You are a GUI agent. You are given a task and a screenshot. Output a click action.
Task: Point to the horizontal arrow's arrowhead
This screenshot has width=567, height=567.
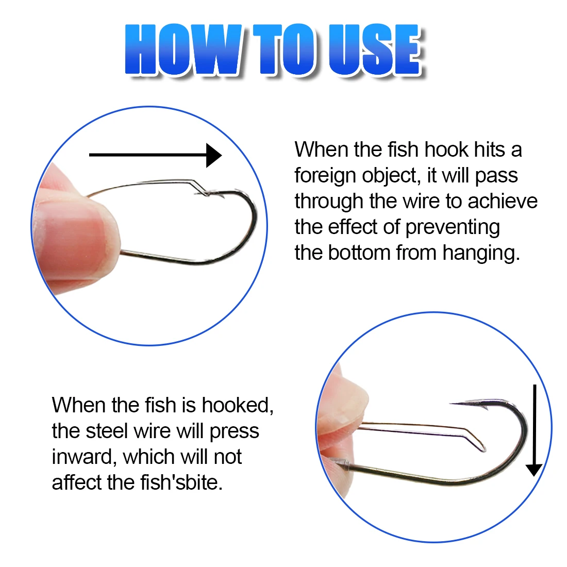(214, 155)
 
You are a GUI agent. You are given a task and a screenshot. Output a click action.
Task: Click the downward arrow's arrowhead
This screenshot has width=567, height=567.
(533, 470)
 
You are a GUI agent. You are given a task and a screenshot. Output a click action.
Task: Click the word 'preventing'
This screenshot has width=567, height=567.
(453, 228)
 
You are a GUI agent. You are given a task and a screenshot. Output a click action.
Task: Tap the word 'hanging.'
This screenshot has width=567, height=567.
(481, 253)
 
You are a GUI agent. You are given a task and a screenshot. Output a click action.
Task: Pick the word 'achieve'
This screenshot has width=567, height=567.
(503, 202)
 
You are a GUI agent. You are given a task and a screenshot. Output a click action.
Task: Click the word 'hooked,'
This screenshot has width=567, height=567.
(238, 405)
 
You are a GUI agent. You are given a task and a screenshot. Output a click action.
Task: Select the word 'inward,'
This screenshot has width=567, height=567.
(85, 457)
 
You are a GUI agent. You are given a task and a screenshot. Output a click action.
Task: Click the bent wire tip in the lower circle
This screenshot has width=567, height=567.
(483, 449)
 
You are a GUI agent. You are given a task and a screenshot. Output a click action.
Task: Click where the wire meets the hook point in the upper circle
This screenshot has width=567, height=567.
(207, 194)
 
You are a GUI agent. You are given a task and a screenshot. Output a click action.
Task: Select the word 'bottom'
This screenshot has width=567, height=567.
(359, 253)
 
